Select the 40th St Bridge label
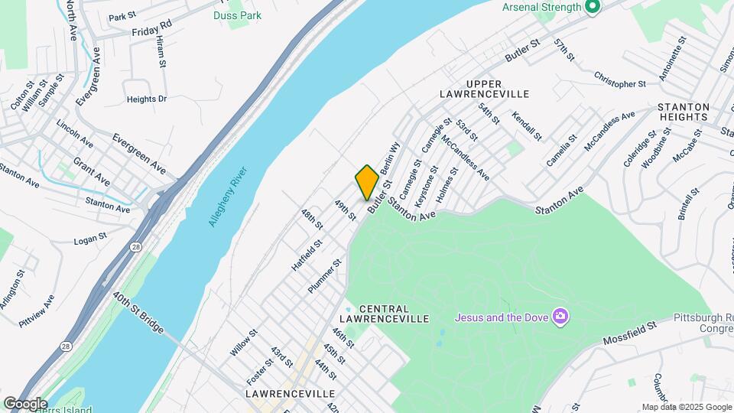pyautogui.click(x=138, y=312)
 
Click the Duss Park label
pyautogui.click(x=237, y=15)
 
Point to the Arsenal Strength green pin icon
pyautogui.click(x=591, y=8)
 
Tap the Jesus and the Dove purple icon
pyautogui.click(x=560, y=317)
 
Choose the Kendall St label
pyautogui.click(x=527, y=126)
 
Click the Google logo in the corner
pyautogui.click(x=24, y=404)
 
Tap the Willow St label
pyautogui.click(x=244, y=343)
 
